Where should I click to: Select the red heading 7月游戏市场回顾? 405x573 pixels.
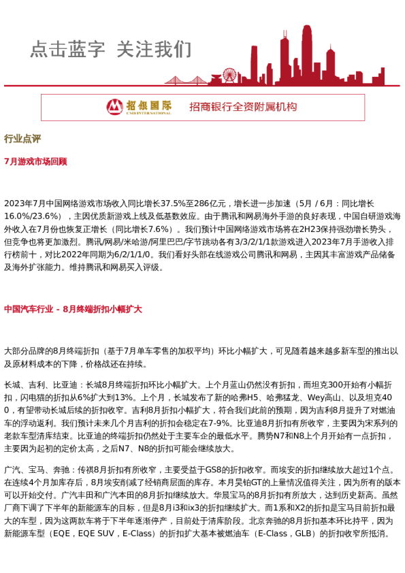tap(35, 162)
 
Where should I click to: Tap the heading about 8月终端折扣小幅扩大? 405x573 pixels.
tap(73, 309)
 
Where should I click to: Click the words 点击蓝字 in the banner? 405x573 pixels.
tap(67, 50)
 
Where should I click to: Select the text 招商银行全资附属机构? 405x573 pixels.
tap(243, 107)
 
